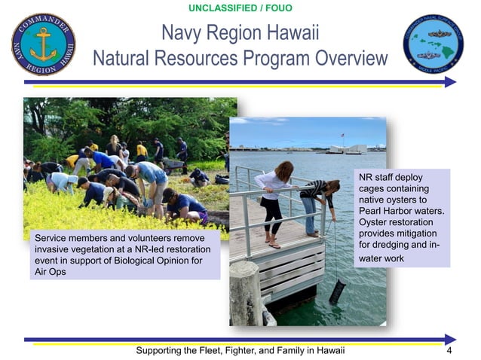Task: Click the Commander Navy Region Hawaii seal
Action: point(43,44)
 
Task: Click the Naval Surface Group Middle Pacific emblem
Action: point(433,44)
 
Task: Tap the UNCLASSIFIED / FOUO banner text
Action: point(240,8)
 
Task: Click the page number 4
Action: point(449,351)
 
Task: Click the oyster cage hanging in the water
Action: point(337,291)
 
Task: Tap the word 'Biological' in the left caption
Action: point(140,261)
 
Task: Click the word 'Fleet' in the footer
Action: point(216,351)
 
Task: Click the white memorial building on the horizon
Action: point(347,148)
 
